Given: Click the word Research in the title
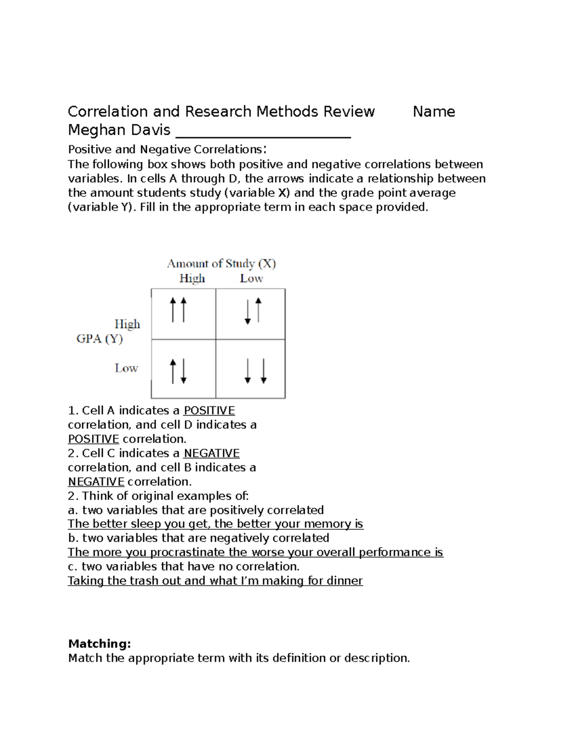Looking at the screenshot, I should click(218, 112).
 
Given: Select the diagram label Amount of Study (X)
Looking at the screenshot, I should click(221, 264).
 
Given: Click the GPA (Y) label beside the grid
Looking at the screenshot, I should click(99, 339).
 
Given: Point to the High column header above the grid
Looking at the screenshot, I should click(192, 279).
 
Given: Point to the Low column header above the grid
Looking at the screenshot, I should click(251, 279).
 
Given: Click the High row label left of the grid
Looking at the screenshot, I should click(127, 324).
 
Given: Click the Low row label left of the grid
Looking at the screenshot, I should click(126, 368).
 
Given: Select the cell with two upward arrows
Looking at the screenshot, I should click(183, 314).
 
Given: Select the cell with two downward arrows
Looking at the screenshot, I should click(251, 369).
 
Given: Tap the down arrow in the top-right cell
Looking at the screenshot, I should click(248, 311).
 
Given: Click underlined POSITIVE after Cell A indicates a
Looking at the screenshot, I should click(209, 411).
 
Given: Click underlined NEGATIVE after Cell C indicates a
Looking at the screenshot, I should click(212, 453).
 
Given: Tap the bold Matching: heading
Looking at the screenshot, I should click(99, 644).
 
